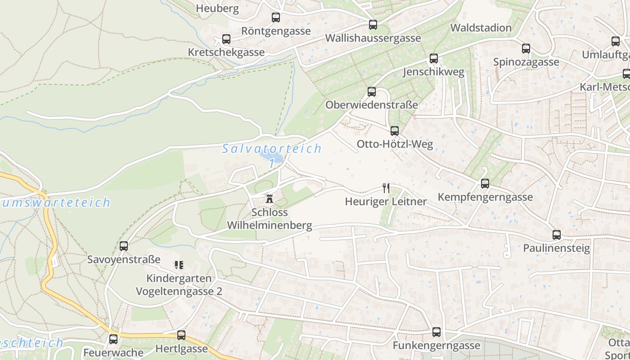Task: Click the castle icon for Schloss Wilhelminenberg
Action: point(270,198)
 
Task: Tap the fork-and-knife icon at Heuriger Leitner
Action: point(386,188)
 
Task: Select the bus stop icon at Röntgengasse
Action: point(276,18)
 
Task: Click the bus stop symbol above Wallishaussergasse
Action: point(373,25)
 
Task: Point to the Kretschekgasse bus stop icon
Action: point(226,39)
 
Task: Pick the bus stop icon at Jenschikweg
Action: point(434,58)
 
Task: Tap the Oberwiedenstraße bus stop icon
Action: point(372,92)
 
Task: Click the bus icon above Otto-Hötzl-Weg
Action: point(395,131)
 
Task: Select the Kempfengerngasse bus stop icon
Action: point(485,184)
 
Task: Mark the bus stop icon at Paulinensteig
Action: point(557,235)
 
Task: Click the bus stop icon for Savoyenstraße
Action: point(124,246)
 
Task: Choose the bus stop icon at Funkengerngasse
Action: point(436,332)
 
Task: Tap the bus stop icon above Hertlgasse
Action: point(181,335)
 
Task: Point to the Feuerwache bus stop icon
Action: point(113,339)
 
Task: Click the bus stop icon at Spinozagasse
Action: point(526,49)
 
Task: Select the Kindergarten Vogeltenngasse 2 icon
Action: point(179,265)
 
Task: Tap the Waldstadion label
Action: point(481,27)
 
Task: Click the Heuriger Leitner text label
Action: point(386,201)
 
